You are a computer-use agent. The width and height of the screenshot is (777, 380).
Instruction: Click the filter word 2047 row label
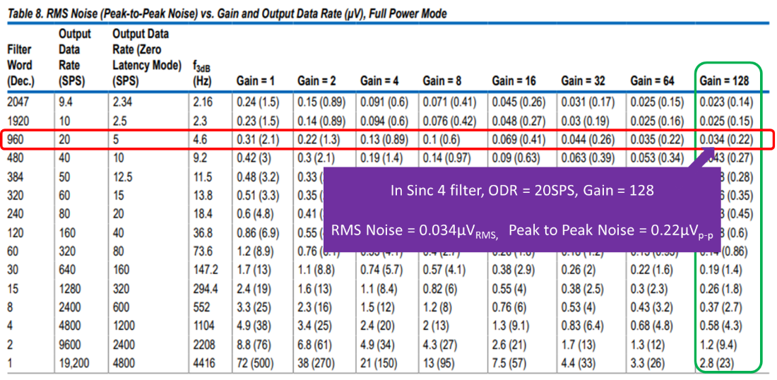(x=20, y=102)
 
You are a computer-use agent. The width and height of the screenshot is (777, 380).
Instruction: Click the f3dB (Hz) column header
(x=203, y=73)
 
